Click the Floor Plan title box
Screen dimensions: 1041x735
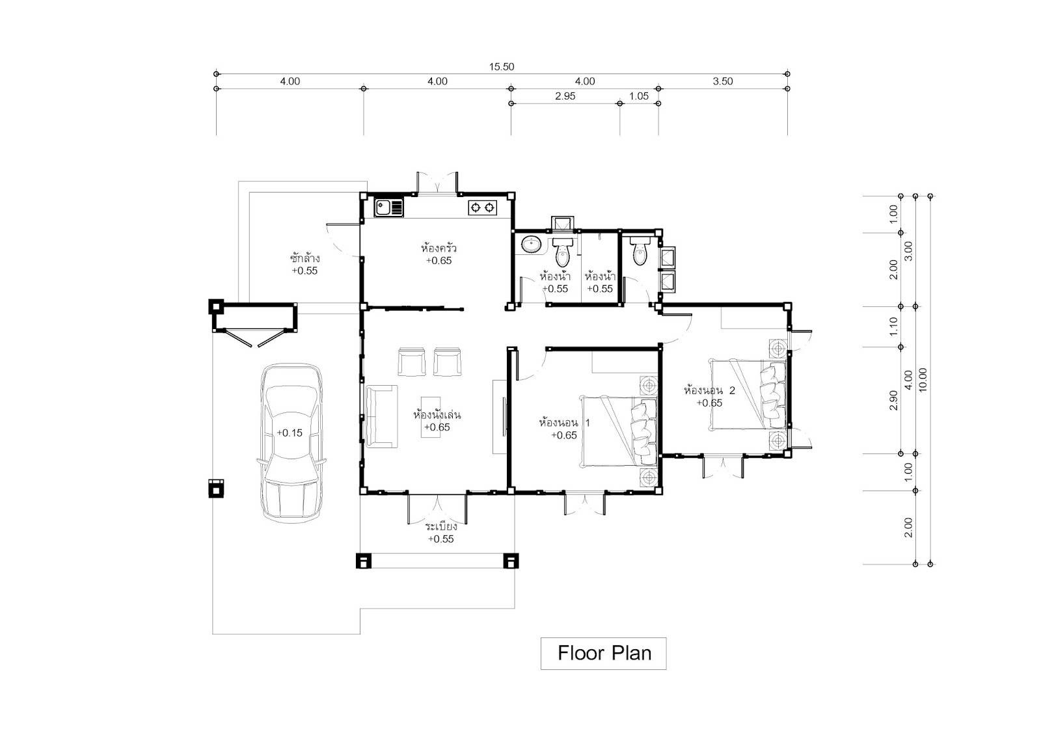(603, 653)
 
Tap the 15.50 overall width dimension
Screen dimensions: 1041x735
(502, 67)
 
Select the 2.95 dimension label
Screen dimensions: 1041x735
(565, 96)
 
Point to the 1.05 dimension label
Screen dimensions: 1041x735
(639, 96)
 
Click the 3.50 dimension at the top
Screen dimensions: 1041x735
(723, 81)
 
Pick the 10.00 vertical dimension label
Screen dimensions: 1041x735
(923, 380)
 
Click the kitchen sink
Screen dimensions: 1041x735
(389, 207)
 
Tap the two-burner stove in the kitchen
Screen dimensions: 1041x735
(482, 207)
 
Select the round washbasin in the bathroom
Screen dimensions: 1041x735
(530, 245)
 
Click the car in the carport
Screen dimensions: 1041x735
(291, 443)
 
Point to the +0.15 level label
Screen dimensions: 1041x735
(290, 433)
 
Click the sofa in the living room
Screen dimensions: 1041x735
(382, 416)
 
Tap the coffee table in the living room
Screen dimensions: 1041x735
(431, 416)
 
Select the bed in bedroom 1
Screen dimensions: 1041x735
(619, 431)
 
